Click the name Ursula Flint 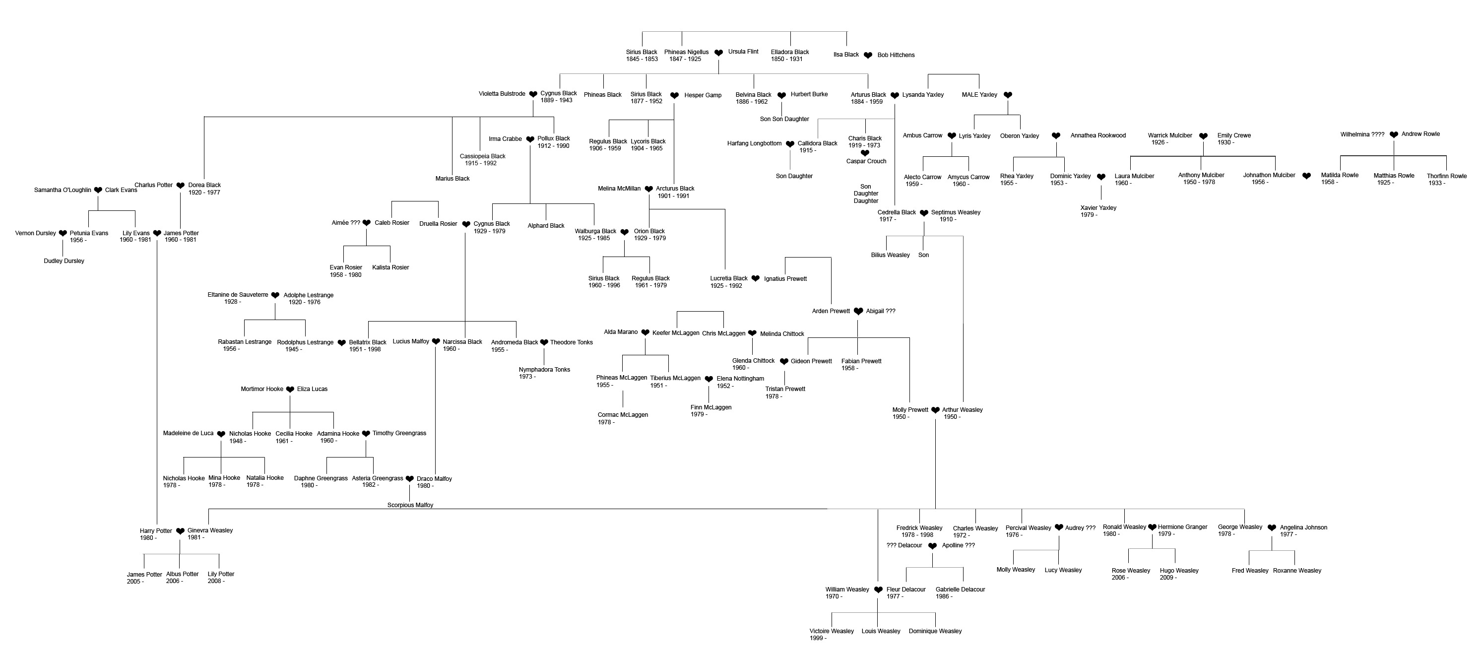click(743, 52)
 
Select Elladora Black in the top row click(790, 52)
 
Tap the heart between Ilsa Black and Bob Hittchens click(868, 55)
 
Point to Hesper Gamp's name click(703, 95)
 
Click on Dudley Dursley click(64, 261)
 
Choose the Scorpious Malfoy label click(410, 505)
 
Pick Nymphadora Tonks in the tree click(544, 370)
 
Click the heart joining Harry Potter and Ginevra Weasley click(180, 531)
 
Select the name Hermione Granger click(1183, 527)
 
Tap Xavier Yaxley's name click(1098, 208)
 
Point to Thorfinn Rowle click(1447, 176)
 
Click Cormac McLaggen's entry click(623, 415)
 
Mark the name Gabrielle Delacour click(961, 589)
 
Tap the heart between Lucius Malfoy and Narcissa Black click(436, 341)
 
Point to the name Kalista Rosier click(390, 267)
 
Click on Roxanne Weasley click(1297, 571)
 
